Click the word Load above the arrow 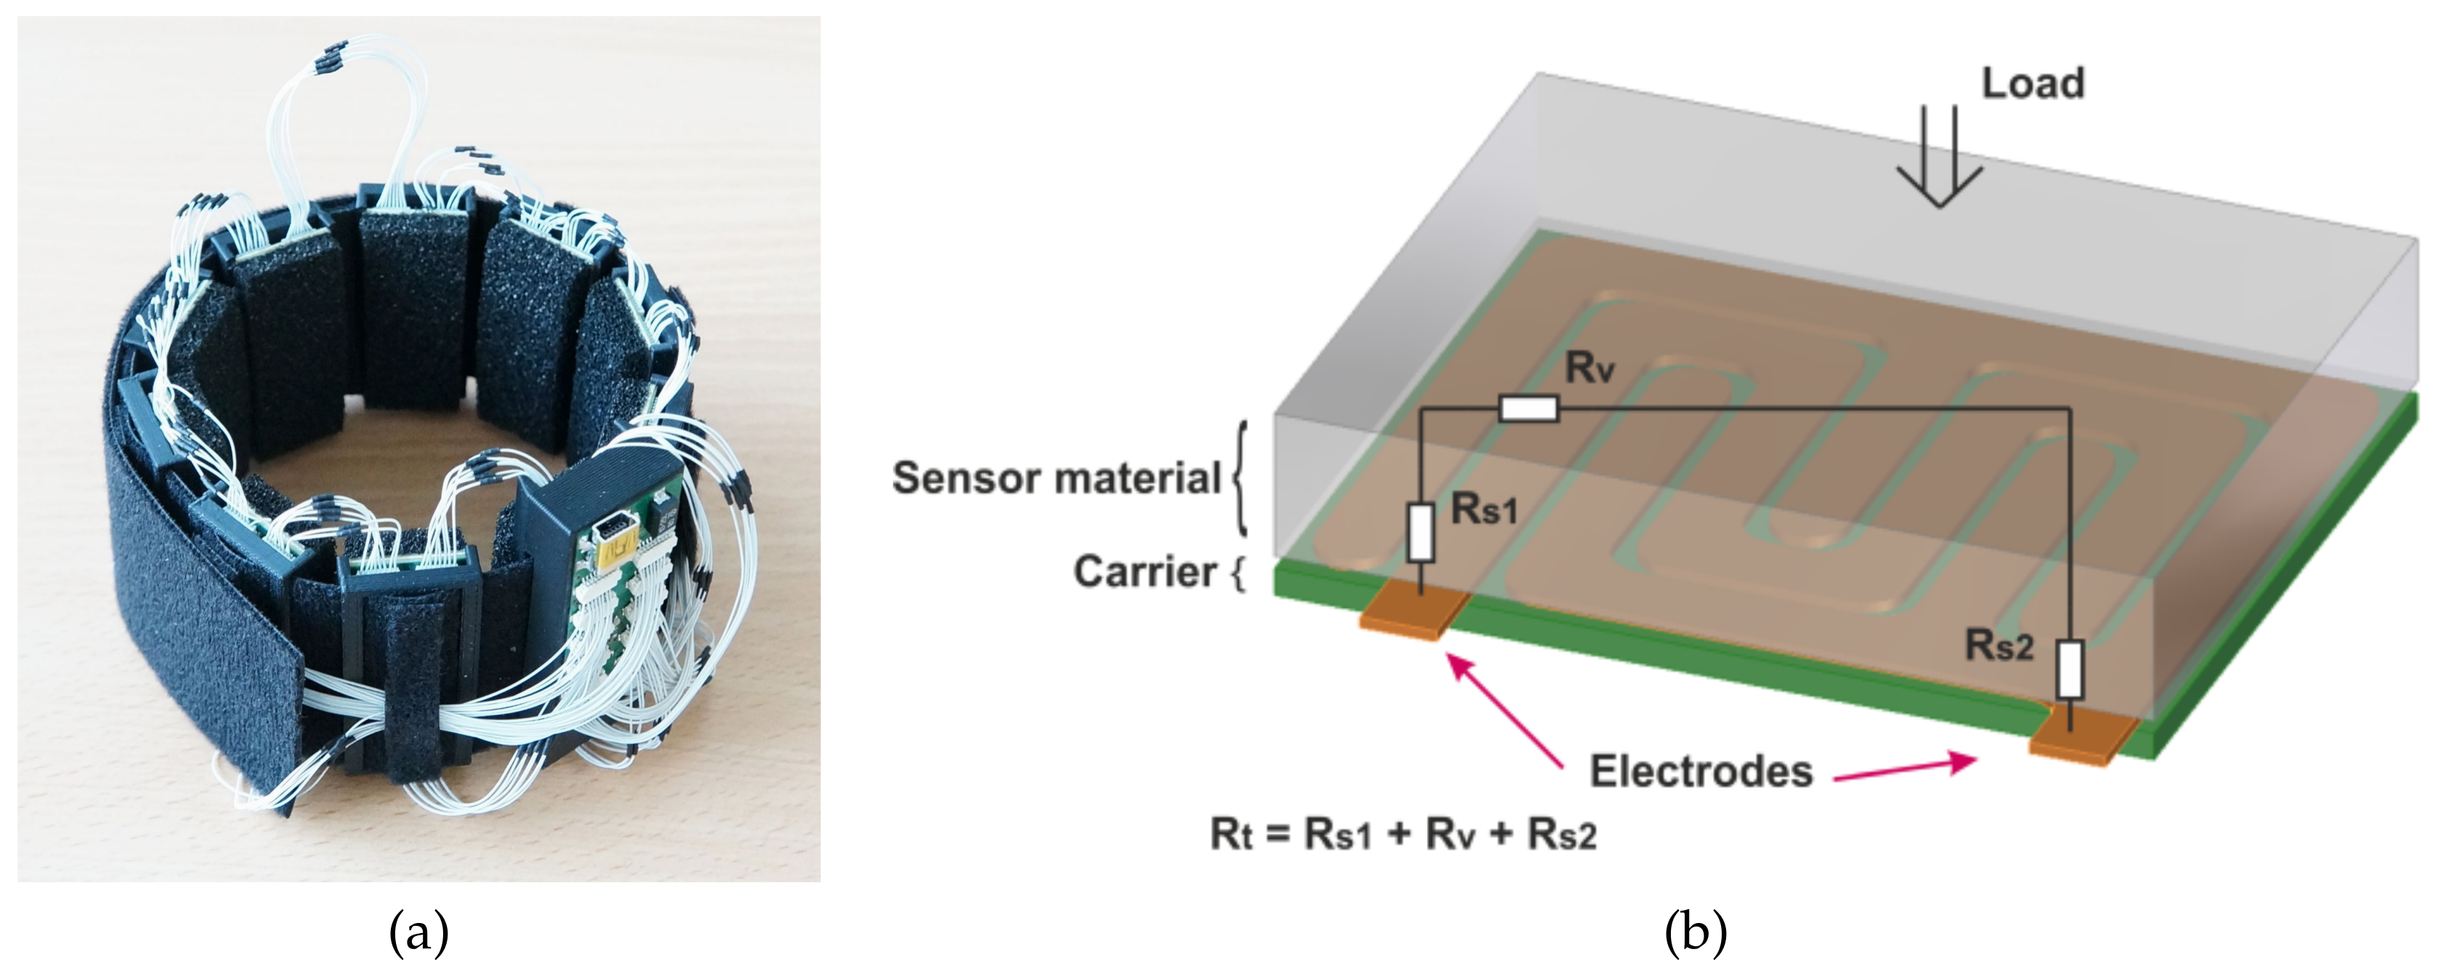(x=2033, y=84)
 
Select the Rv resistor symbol (x=1529, y=408)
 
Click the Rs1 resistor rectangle (x=1420, y=532)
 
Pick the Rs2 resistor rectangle (x=2070, y=669)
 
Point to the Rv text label (x=1589, y=367)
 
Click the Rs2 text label (x=1999, y=646)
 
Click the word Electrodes (x=1701, y=771)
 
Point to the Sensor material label (x=1056, y=478)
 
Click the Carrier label (x=1145, y=572)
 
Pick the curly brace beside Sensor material (x=1240, y=479)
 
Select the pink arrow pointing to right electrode (x=1905, y=770)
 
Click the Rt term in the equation (x=1231, y=835)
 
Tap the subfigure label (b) (x=1695, y=933)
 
